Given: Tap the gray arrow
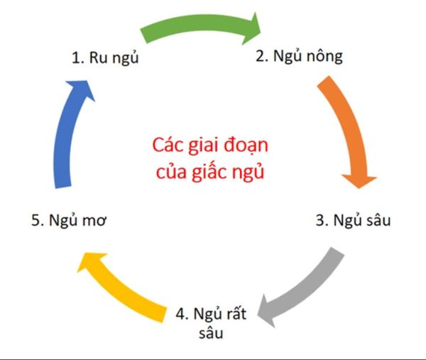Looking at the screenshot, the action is coord(305,290).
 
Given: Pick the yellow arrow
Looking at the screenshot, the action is coord(119,288).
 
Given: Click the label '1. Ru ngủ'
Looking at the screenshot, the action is coord(105,58).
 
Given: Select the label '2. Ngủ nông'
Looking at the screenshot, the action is coord(299,56).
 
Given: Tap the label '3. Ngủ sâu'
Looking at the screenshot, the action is coord(353,220).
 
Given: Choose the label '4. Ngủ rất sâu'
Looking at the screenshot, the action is coord(211,323).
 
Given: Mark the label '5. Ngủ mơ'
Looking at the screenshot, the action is coord(69,220).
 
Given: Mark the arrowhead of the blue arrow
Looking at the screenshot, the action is coord(82,89).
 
